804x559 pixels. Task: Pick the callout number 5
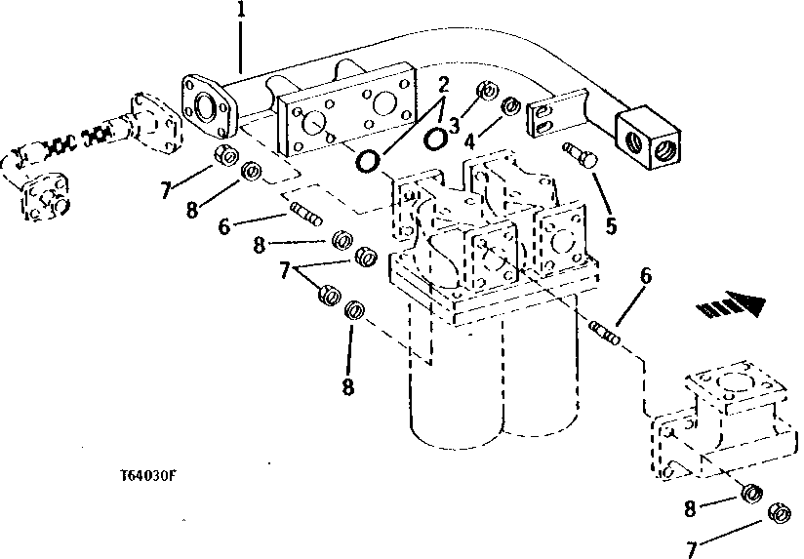610,226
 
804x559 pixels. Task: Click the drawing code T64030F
149,477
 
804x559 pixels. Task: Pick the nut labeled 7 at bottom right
779,512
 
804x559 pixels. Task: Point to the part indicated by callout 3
485,93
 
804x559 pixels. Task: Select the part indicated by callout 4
508,104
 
